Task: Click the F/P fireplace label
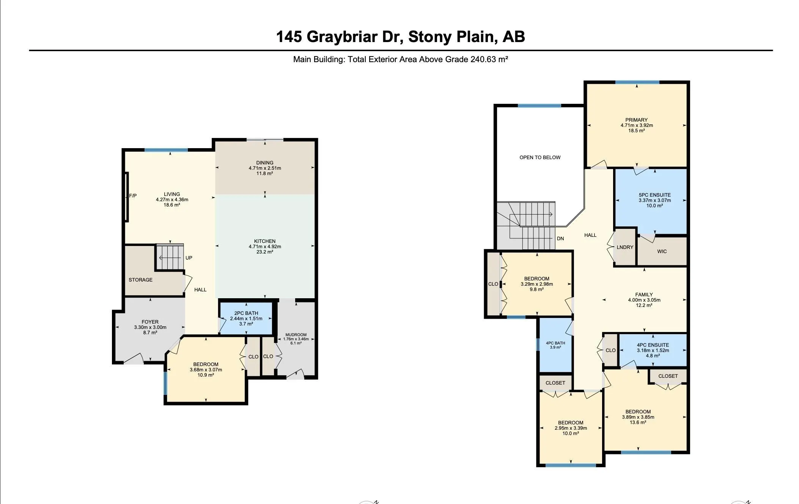[x=133, y=196]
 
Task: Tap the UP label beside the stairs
[x=189, y=258]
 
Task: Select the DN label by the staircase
[x=560, y=238]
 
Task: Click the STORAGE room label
[x=140, y=280]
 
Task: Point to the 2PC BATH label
[x=246, y=313]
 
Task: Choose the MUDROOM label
[x=296, y=335]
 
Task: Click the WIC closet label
[x=662, y=251]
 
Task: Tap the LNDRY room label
[x=625, y=247]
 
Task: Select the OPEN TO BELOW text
[x=540, y=157]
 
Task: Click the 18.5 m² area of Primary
[x=637, y=130]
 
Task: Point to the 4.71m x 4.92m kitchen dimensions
[x=265, y=246]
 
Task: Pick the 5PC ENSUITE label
[x=655, y=195]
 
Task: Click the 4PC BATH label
[x=555, y=343]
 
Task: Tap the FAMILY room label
[x=644, y=294]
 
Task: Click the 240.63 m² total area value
[x=489, y=59]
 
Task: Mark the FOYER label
[x=150, y=322]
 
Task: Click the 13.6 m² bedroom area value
[x=638, y=422]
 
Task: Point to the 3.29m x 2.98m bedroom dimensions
[x=537, y=284]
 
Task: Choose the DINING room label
[x=265, y=163]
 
